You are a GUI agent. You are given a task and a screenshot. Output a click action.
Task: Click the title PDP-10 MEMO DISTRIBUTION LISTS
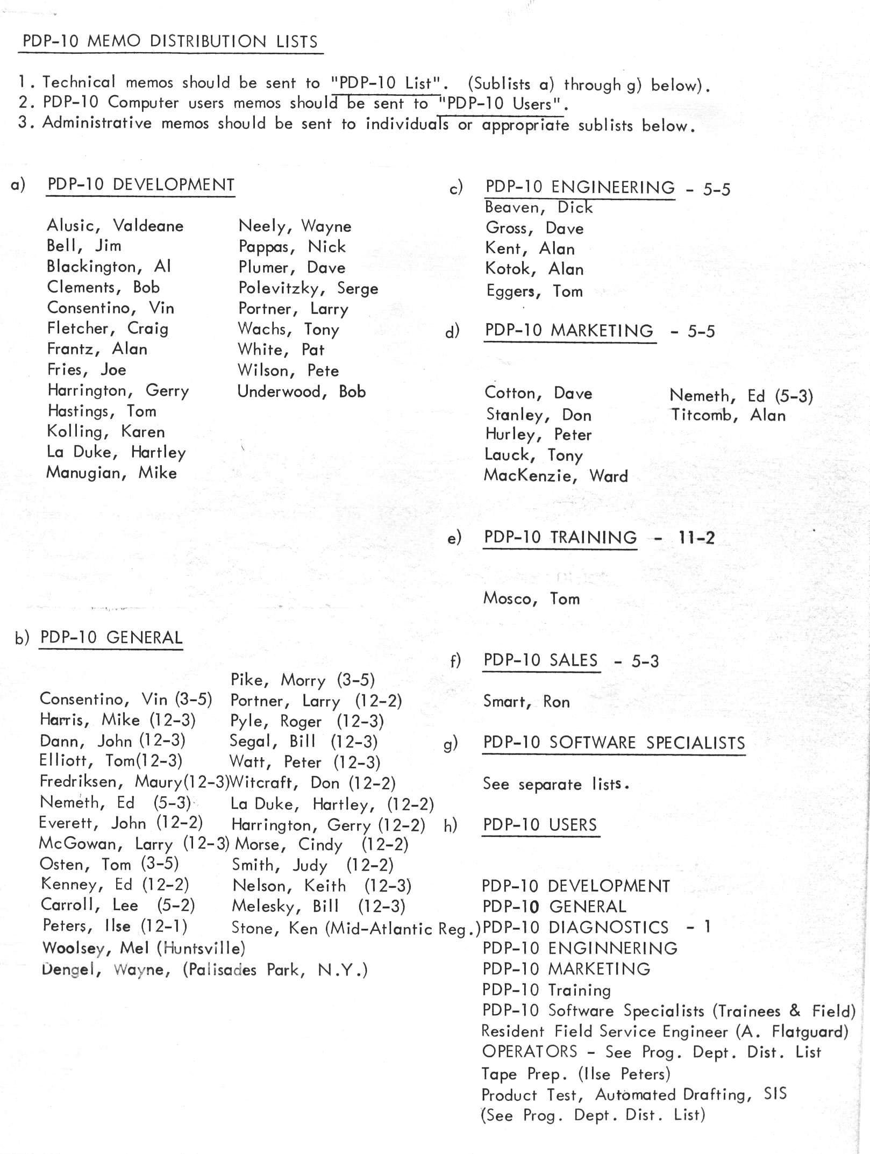point(170,41)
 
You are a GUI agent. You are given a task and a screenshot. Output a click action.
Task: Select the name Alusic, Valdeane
point(115,226)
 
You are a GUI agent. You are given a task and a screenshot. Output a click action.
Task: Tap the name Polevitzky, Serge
point(308,289)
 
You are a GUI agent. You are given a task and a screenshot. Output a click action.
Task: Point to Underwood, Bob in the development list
point(301,391)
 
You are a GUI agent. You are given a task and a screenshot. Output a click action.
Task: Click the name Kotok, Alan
point(534,269)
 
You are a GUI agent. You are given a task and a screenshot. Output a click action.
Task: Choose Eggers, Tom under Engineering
point(534,291)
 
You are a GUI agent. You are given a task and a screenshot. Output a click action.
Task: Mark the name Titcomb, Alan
point(728,415)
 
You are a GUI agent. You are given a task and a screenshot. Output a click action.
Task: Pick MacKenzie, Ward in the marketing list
point(555,476)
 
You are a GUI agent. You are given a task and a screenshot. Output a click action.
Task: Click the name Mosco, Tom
point(531,599)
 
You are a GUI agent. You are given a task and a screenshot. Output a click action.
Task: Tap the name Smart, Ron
point(526,702)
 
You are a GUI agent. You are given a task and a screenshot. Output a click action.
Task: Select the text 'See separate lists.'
point(555,784)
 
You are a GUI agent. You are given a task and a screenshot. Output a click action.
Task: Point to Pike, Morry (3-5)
point(302,680)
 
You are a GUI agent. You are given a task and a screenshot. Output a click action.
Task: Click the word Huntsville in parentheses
point(201,948)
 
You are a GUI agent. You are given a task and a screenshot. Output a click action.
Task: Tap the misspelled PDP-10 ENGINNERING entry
point(580,948)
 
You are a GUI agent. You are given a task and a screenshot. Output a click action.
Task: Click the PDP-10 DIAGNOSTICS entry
point(575,928)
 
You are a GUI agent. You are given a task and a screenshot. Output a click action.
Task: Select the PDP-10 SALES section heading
point(540,660)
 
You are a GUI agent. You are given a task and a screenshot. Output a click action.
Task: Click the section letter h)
point(450,825)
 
